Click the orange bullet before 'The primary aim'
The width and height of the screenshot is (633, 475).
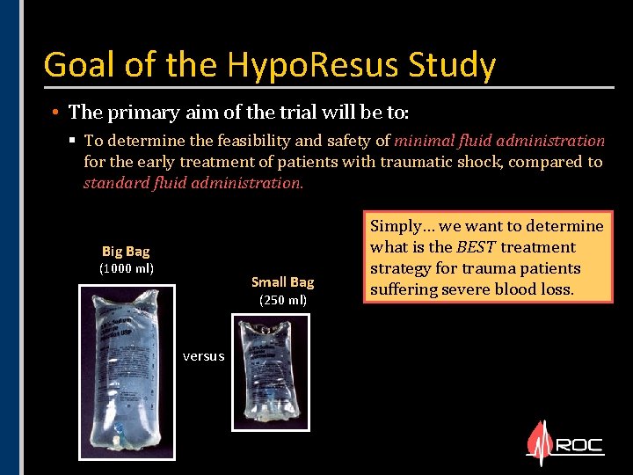55,113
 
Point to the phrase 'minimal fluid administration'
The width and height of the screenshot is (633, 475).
499,140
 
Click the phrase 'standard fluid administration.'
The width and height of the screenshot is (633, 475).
193,183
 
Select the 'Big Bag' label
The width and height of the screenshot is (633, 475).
126,252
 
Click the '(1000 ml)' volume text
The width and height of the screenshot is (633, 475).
126,268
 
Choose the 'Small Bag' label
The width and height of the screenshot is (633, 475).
282,282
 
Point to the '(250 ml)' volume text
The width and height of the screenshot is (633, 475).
282,301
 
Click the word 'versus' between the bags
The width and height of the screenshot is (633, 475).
203,356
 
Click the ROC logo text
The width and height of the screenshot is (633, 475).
579,445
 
